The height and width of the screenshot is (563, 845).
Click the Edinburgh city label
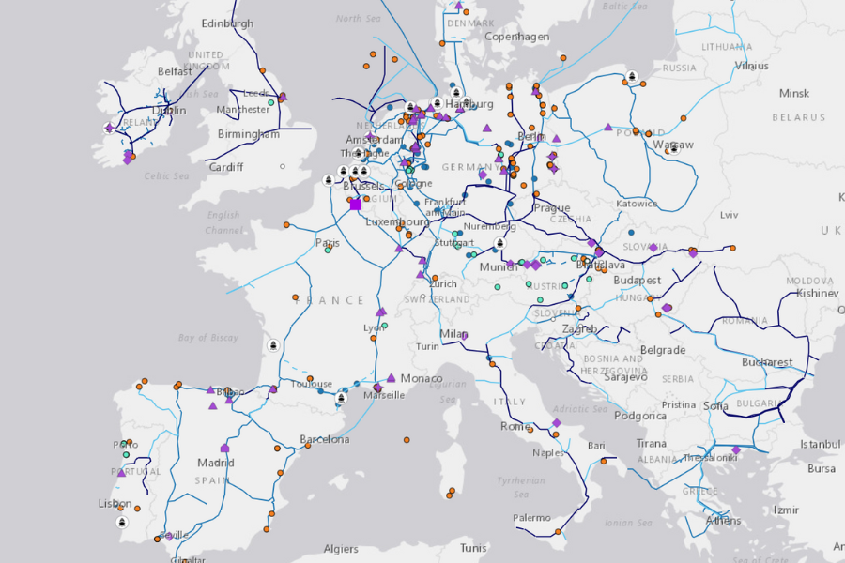click(227, 23)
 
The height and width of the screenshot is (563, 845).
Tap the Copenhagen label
click(516, 37)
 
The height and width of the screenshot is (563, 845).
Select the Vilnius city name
click(751, 66)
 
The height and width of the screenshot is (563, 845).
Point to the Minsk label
click(794, 94)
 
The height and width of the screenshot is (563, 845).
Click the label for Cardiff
click(226, 167)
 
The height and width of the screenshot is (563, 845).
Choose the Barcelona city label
click(325, 439)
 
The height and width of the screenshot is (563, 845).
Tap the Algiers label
click(341, 549)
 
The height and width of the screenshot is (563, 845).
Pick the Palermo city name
click(532, 518)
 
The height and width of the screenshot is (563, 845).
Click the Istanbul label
click(820, 444)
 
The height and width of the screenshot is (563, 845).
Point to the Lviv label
click(730, 215)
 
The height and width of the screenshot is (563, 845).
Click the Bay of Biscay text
click(208, 338)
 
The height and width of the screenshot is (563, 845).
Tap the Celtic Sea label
click(166, 176)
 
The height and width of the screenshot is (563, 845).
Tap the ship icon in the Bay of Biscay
click(273, 345)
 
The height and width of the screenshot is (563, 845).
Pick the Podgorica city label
click(640, 416)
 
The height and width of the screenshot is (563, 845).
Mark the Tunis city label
click(473, 548)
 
